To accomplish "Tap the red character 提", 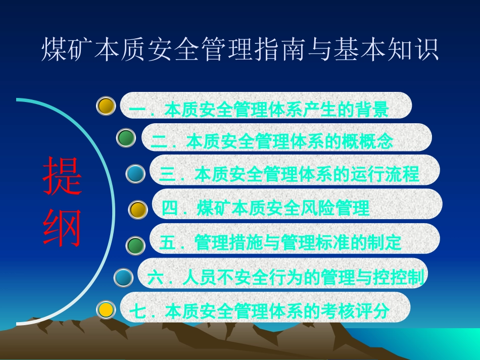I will pyautogui.click(x=62, y=177).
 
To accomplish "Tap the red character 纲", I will pyautogui.click(x=62, y=228).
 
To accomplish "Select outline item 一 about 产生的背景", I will pyautogui.click(x=259, y=110).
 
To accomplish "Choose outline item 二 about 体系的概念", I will pyautogui.click(x=271, y=141).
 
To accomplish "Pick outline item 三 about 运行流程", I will pyautogui.click(x=289, y=174).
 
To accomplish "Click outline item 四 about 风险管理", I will pyautogui.click(x=266, y=208).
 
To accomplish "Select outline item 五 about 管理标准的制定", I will pyautogui.click(x=280, y=243).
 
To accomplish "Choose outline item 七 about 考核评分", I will pyautogui.click(x=259, y=311).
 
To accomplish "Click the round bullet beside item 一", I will pyautogui.click(x=106, y=106).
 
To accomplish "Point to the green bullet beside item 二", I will pyautogui.click(x=126, y=137).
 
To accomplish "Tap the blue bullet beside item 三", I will pyautogui.click(x=135, y=174).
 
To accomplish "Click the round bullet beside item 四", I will pyautogui.click(x=137, y=210).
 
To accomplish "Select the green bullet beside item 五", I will pyautogui.click(x=135, y=245).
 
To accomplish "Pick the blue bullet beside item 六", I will pyautogui.click(x=123, y=277).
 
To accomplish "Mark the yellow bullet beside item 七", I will pyautogui.click(x=106, y=309).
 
